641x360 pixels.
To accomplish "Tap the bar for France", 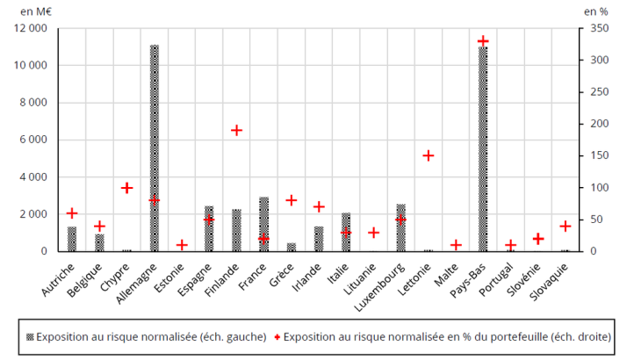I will [263, 224].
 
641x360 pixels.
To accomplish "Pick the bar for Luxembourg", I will [401, 227].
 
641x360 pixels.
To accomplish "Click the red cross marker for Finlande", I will [236, 130].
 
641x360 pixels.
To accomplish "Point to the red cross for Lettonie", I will [429, 155].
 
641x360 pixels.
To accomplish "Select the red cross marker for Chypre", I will [126, 188].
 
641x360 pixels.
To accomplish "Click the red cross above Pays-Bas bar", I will [483, 41].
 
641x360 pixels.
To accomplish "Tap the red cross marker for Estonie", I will [182, 245].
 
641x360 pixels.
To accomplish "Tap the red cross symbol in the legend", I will [277, 336].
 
